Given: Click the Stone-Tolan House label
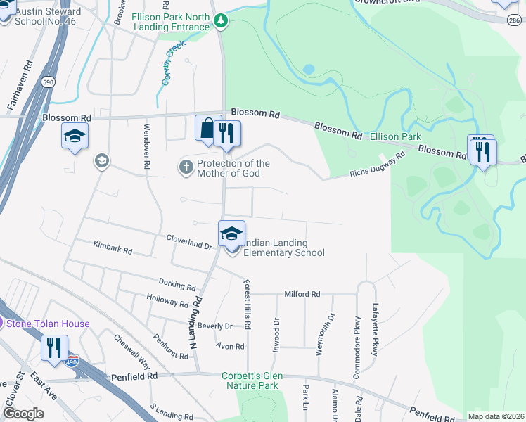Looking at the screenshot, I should [48, 324].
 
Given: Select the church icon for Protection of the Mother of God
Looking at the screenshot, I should [186, 167].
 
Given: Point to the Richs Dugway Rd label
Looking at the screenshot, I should [378, 166].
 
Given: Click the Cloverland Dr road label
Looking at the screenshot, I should [188, 242].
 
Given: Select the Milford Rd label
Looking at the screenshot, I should [302, 294].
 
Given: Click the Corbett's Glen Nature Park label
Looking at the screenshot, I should [252, 381].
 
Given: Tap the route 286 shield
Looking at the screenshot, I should [514, 21].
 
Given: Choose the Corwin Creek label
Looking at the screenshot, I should [172, 63].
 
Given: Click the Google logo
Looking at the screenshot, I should [23, 414].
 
